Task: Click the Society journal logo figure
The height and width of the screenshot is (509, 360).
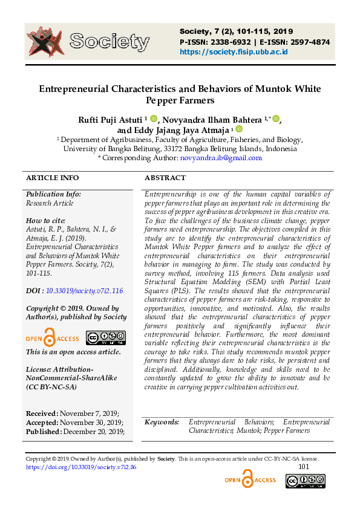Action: click(45, 42)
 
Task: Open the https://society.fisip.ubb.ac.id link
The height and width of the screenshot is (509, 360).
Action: click(233, 52)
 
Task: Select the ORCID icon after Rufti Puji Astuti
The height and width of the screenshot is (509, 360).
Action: click(154, 118)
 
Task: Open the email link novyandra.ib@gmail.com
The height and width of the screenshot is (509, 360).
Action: click(221, 158)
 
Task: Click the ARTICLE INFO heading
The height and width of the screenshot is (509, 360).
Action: click(52, 178)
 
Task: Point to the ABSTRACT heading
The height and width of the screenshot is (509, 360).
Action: click(165, 178)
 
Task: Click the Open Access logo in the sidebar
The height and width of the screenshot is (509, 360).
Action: click(52, 338)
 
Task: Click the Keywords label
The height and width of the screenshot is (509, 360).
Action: click(162, 422)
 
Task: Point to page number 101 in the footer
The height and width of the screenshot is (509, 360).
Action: click(304, 467)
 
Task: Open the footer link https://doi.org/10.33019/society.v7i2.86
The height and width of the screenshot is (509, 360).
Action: click(81, 467)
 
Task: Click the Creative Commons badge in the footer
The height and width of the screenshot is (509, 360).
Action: click(305, 481)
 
